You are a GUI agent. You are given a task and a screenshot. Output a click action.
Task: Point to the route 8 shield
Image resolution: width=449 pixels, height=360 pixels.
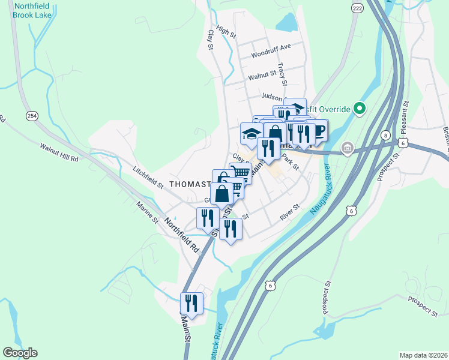pos(384,136)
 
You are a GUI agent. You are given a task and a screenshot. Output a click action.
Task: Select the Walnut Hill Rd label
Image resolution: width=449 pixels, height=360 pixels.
pos(59,152)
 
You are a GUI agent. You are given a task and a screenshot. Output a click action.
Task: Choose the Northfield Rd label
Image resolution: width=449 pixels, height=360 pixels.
pos(182,235)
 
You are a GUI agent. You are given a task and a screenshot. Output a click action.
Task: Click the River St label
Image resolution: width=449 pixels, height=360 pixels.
pos(290,216)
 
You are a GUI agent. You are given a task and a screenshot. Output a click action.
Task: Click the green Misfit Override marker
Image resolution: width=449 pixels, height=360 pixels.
pos(359,109)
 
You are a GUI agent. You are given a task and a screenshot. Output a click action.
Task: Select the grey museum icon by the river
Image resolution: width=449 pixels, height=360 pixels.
pos(346,148)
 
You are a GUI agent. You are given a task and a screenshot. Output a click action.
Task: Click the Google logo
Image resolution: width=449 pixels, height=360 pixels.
pos(20,353)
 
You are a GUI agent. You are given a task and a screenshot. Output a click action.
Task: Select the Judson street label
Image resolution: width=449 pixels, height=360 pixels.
pos(271,96)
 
